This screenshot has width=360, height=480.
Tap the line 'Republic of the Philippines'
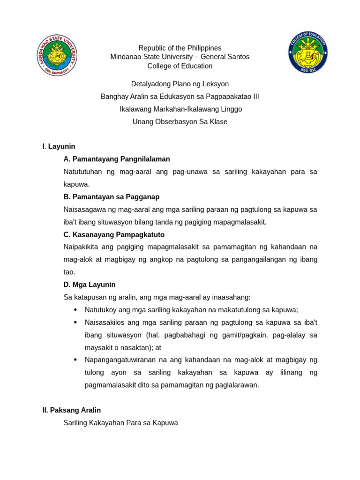coord(180,48)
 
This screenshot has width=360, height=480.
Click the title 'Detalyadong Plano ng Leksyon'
coord(180,84)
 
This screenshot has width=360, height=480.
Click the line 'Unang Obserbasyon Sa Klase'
coord(180,122)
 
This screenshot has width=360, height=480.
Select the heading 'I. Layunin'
coord(59,147)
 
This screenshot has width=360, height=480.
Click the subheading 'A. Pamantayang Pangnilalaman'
coord(117,159)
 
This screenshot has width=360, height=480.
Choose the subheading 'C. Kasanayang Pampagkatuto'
coord(114,234)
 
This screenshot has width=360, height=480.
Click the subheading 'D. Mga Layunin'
coord(90,285)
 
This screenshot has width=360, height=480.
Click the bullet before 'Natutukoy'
coord(75,310)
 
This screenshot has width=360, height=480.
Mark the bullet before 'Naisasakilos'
coord(75,322)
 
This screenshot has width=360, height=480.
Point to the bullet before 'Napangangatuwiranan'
coord(75,360)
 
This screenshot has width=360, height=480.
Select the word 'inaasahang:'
coord(232,297)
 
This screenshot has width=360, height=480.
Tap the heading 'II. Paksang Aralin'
coord(71,410)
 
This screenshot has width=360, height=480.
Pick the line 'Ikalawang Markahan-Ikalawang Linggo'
coord(180,109)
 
